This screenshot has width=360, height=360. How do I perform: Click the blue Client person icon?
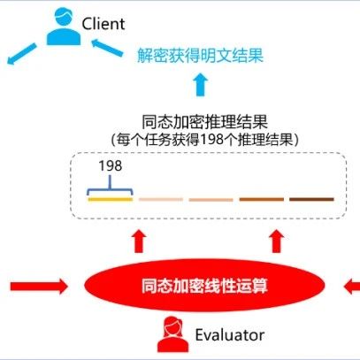pos(64,27)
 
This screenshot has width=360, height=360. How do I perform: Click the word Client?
pos(103,24)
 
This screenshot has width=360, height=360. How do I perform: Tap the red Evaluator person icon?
pos(172,334)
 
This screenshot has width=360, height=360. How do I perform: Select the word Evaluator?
pos(230,335)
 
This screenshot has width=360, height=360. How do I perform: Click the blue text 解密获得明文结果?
pos(200,55)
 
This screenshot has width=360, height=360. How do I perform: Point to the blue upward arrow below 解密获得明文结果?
pos(201,85)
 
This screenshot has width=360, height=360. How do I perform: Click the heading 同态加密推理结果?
pos(204,122)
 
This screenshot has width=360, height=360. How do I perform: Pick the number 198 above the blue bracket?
pos(111,166)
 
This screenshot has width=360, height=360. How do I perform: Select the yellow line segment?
pos(111,200)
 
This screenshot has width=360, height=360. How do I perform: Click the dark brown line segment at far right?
pos(311,200)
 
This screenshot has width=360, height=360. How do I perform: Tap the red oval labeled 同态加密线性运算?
pos(204,286)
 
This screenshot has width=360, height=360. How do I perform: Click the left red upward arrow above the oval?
pos(139,241)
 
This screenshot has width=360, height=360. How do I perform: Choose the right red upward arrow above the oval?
pos(277,241)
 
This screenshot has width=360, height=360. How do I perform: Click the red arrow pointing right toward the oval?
pos(39,286)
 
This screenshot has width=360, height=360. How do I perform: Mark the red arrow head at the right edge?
pos(352,286)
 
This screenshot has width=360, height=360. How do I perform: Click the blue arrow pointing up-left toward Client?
pos(107,48)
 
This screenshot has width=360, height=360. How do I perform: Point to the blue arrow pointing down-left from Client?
pos(22,54)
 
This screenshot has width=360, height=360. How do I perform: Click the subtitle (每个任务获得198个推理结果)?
pos(204,139)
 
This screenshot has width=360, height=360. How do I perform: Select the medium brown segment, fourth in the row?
pos(262,200)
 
